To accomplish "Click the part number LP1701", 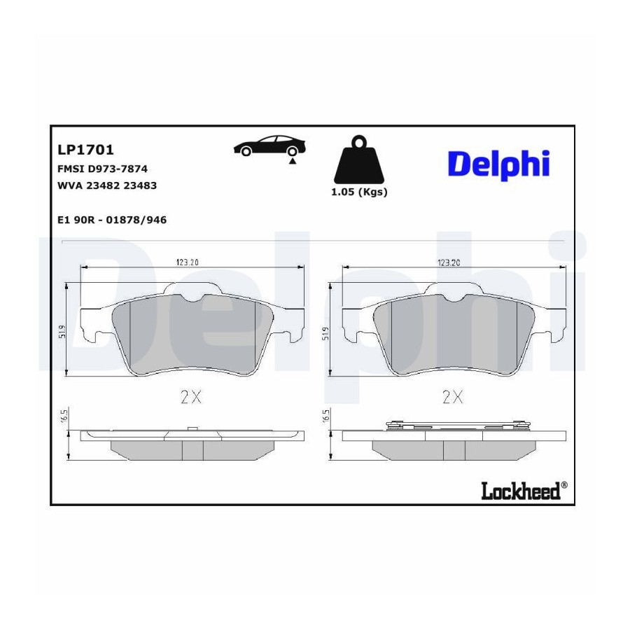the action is coord(85,150).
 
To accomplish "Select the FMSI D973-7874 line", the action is coord(102,169).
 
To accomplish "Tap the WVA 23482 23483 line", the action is coord(107,185).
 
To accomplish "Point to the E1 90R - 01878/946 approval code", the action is coord(112,220).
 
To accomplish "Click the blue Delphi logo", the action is coord(498,164).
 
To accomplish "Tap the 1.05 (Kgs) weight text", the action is coord(359,192).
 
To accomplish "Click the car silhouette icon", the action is coord(269,146).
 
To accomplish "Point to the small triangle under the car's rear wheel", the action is coord(293,161).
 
